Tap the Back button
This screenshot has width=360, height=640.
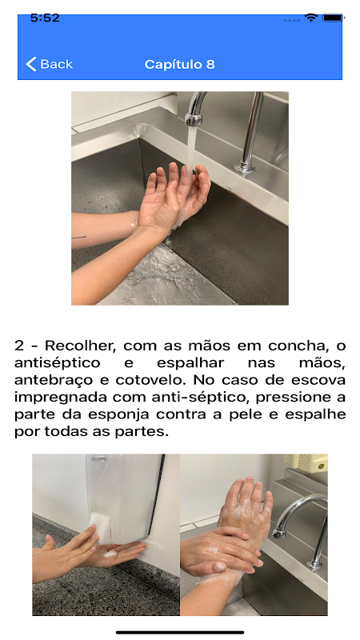(x=49, y=64)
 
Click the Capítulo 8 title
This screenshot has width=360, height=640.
(x=179, y=65)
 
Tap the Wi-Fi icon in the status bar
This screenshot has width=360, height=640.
(x=311, y=18)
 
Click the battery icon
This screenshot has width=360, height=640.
(x=333, y=18)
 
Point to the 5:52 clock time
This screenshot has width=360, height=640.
(x=45, y=18)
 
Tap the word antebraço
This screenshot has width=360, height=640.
(x=54, y=380)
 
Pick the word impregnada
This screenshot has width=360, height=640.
(x=62, y=397)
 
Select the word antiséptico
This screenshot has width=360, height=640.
(x=57, y=363)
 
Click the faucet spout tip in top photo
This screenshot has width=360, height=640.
(x=193, y=119)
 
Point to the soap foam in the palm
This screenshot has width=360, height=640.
(x=111, y=554)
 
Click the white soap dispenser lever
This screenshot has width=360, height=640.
(x=102, y=526)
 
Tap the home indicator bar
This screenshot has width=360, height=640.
(x=180, y=633)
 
